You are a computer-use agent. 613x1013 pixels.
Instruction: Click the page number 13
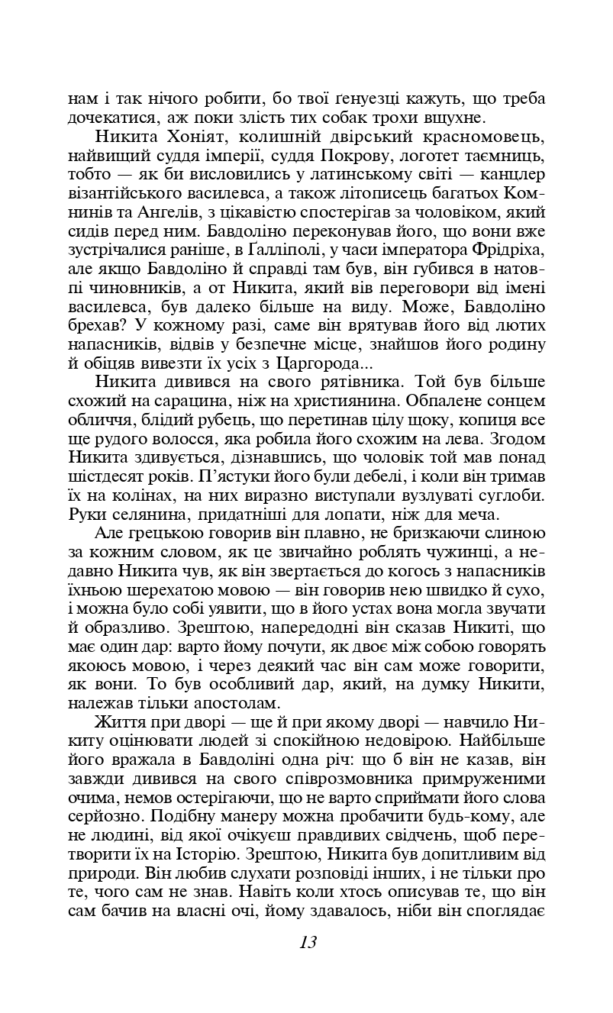(x=308, y=942)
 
